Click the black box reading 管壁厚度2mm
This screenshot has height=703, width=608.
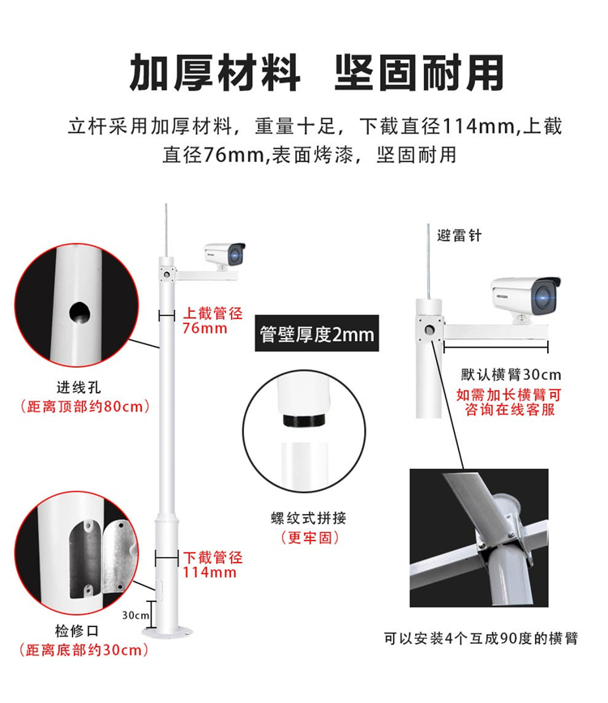point(317,333)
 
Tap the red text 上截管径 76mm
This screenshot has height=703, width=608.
point(212,321)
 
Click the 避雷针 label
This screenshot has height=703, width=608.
point(459,236)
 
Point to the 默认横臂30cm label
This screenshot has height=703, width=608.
point(511,374)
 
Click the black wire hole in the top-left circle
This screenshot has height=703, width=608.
point(79,313)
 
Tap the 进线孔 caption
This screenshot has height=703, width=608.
point(79,387)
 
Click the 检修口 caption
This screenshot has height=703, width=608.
point(77,631)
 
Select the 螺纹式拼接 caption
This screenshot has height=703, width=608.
point(309,518)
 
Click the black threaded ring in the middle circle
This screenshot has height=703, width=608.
point(305,421)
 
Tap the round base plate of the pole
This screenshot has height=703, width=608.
point(167,633)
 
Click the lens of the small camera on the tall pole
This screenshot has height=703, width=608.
point(236,256)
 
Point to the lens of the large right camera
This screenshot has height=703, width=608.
point(544,296)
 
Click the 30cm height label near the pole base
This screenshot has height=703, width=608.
point(135,616)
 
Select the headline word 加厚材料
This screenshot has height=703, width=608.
point(215,73)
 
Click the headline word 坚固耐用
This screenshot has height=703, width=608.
point(419,73)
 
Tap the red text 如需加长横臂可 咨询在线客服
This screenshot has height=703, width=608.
point(509,403)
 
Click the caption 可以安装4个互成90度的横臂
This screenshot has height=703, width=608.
point(481,638)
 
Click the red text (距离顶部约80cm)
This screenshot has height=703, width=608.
point(85,407)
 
